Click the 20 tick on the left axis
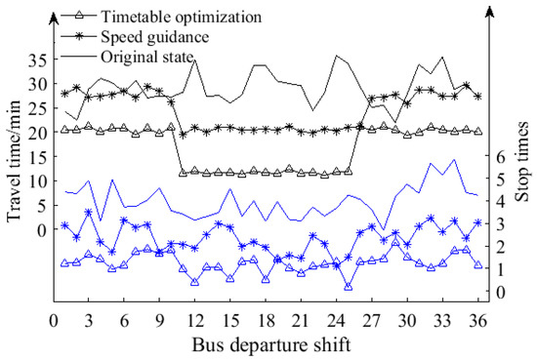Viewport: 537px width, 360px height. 35,132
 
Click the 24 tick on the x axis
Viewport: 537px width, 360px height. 336,321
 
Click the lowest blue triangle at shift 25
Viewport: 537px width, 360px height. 348,287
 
